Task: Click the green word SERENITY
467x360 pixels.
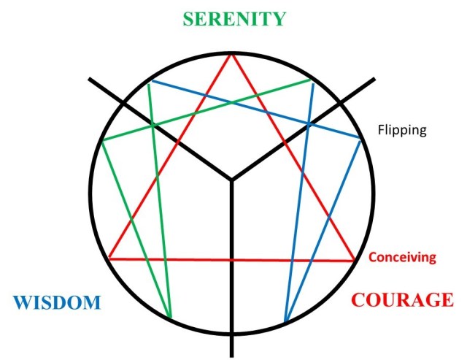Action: (x=233, y=18)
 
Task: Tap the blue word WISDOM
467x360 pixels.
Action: (x=56, y=302)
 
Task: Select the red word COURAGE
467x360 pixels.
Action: (x=402, y=299)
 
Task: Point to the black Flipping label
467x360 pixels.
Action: (x=401, y=131)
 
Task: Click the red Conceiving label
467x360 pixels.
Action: (x=402, y=257)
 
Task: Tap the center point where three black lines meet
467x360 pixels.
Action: (x=232, y=179)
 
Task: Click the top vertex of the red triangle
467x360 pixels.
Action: (x=232, y=54)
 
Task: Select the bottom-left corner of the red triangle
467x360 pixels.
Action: (x=109, y=258)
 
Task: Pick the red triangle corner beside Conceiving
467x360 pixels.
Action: (x=355, y=260)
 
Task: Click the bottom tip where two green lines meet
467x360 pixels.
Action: (x=171, y=319)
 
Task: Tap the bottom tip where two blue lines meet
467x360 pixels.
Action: (x=285, y=322)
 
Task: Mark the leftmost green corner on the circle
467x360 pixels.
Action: (x=103, y=140)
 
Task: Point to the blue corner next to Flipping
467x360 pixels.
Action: (x=361, y=139)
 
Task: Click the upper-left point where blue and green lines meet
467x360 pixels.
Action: (x=148, y=81)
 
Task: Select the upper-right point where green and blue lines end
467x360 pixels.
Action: (x=312, y=80)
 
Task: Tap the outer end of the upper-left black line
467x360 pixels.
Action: (x=89, y=78)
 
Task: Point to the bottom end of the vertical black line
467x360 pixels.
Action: (x=232, y=355)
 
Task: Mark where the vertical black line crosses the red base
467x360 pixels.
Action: (x=232, y=259)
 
